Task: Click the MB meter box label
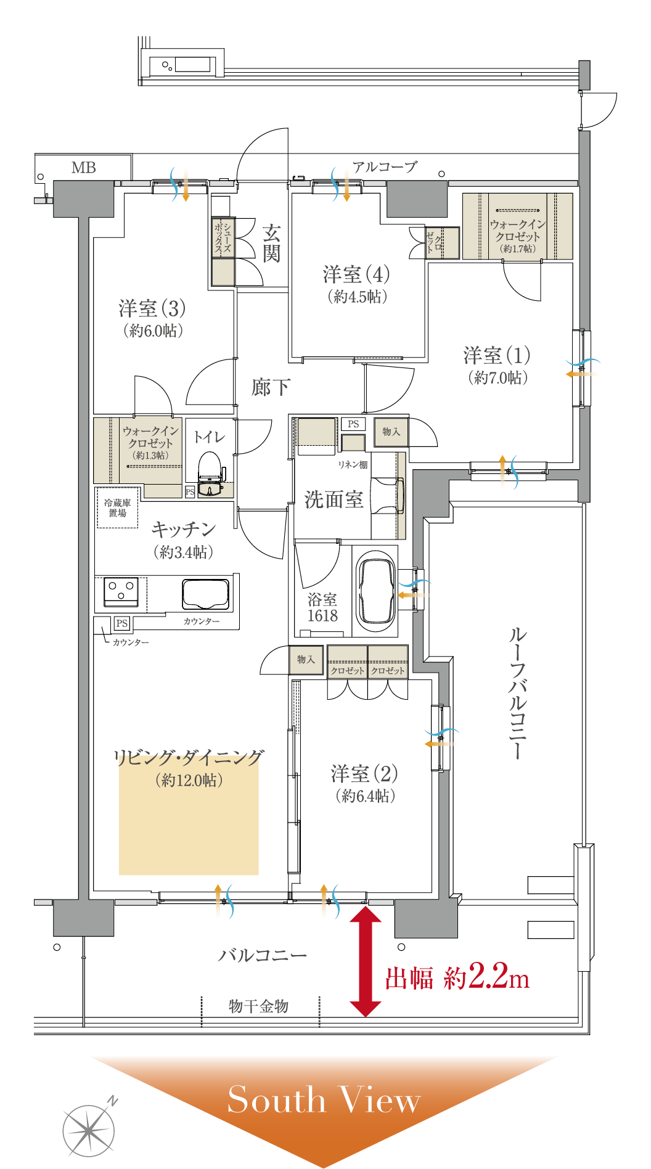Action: pyautogui.click(x=84, y=168)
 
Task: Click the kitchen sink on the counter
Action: pyautogui.click(x=205, y=593)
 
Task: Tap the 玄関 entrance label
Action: pyautogui.click(x=271, y=243)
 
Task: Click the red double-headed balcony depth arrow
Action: pyautogui.click(x=366, y=963)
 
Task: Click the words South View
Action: pyautogui.click(x=324, y=1099)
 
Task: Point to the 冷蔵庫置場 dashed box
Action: pyautogui.click(x=117, y=507)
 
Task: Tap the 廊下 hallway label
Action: pyautogui.click(x=270, y=387)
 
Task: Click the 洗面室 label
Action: pyautogui.click(x=334, y=499)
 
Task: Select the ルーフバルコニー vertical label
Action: pyautogui.click(x=518, y=693)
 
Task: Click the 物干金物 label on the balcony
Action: pyautogui.click(x=259, y=1006)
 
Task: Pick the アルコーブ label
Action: pyautogui.click(x=385, y=166)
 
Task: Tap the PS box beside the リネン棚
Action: pyautogui.click(x=353, y=424)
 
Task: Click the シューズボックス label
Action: pyautogui.click(x=223, y=238)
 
